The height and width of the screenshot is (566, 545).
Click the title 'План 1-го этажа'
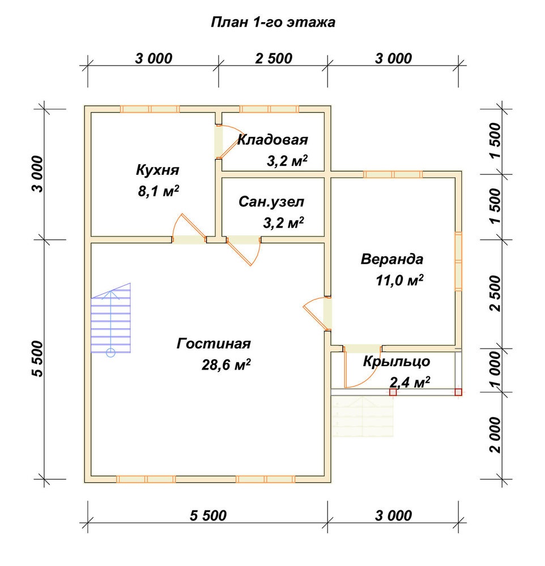[273, 22]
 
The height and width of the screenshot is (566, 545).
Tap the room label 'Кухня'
[157, 170]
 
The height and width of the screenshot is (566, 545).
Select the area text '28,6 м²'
[226, 365]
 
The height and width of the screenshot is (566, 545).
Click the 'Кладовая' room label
[272, 140]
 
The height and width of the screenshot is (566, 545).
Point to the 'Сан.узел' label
[271, 202]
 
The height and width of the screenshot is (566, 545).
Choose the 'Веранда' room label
[392, 259]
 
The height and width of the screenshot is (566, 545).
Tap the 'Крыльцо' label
[397, 361]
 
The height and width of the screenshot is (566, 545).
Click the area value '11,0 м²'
[400, 280]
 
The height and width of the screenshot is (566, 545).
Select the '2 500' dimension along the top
[274, 58]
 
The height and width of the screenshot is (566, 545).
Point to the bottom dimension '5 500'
[208, 516]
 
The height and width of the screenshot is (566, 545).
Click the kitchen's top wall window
[150, 109]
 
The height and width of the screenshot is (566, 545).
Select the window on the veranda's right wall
[458, 261]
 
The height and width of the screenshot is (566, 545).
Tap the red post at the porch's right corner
[458, 392]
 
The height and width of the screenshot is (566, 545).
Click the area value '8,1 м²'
[158, 191]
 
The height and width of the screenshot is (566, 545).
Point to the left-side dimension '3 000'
[37, 174]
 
